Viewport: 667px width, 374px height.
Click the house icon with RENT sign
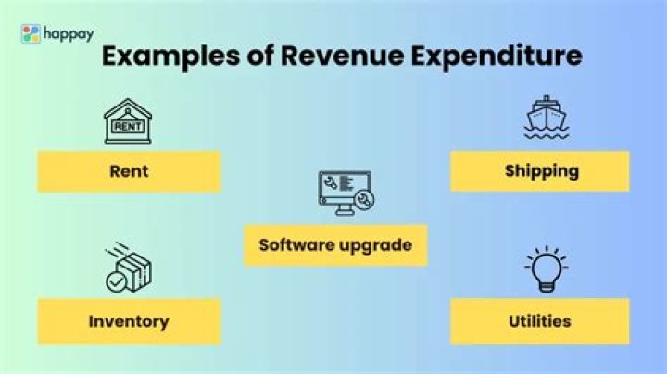click(128, 121)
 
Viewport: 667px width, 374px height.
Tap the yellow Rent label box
click(129, 171)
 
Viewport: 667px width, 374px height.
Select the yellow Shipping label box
click(540, 171)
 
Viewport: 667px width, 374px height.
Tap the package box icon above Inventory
click(128, 268)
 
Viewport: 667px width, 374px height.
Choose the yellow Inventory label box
click(129, 321)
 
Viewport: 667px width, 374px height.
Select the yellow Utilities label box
click(540, 321)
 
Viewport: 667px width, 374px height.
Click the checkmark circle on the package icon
click(116, 281)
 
